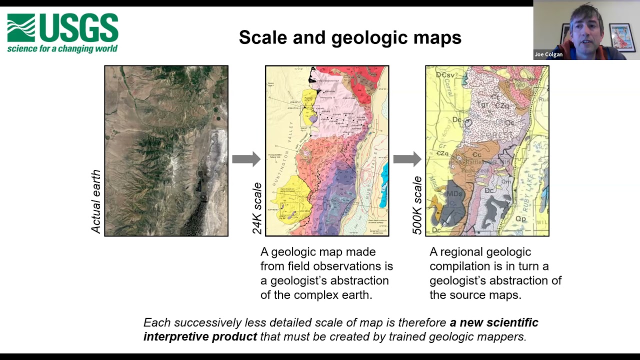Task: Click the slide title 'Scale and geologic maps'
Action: click(349, 37)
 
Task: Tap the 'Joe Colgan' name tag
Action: click(548, 54)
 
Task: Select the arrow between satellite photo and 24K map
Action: click(246, 159)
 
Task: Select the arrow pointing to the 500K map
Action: click(407, 159)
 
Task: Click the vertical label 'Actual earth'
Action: click(96, 201)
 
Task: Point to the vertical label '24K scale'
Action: click(257, 208)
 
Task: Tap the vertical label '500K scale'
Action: click(417, 205)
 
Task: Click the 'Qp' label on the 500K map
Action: click(520, 218)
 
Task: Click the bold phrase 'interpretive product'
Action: click(200, 336)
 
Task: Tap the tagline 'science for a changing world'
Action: click(62, 48)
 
